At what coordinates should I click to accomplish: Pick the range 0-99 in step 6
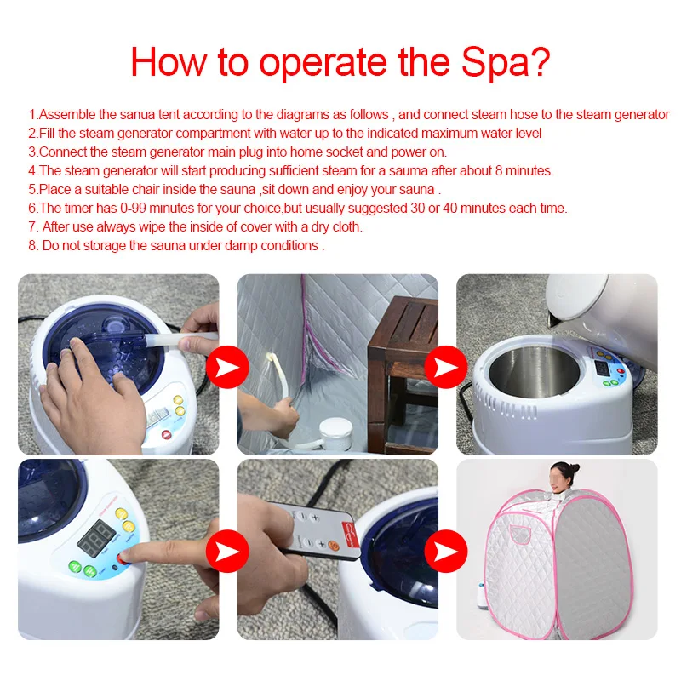(111, 208)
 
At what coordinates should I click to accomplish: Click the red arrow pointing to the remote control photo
(227, 549)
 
